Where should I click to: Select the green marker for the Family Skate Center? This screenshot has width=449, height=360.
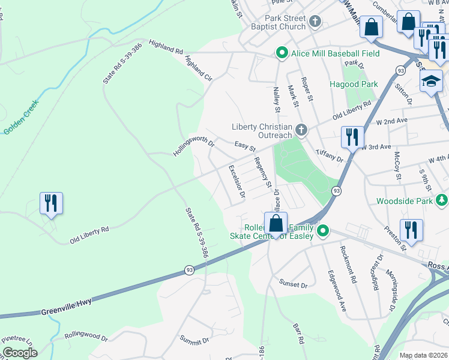[x=323, y=230]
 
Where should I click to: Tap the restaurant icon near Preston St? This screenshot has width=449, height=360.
[x=411, y=229]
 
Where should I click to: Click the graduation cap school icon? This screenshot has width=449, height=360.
[x=430, y=82]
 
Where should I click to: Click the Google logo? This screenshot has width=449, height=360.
[x=20, y=353]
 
